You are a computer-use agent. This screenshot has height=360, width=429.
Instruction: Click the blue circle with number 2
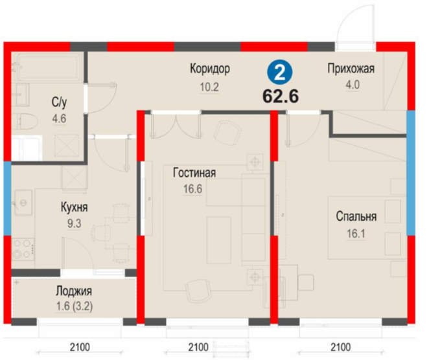[280, 73]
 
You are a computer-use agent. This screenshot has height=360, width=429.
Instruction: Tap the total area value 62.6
[281, 96]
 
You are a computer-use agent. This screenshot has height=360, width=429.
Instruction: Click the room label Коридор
[210, 69]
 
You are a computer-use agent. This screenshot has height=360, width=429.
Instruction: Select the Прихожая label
[351, 69]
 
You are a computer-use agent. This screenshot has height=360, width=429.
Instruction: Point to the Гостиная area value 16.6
[192, 189]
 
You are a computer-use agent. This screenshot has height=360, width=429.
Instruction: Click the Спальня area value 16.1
[356, 234]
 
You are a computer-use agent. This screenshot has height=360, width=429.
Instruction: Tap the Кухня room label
[74, 207]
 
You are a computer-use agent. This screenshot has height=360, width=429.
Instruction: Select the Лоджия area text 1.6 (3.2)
[75, 306]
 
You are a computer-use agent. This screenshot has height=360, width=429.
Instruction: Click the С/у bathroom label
[59, 102]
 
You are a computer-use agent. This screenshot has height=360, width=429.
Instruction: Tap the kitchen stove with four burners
[23, 249]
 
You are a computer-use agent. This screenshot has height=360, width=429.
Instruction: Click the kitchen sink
[23, 203]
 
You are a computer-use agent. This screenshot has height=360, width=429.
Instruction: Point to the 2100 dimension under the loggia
[80, 348]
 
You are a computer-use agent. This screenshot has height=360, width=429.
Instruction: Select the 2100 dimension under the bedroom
[341, 348]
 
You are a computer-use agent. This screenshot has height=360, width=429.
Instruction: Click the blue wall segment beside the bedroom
[411, 173]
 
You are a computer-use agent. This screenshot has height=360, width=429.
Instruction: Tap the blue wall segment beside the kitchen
[7, 198]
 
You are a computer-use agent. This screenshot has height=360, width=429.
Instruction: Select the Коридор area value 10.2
[209, 87]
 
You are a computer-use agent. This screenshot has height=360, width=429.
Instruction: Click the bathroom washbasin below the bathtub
[22, 95]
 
